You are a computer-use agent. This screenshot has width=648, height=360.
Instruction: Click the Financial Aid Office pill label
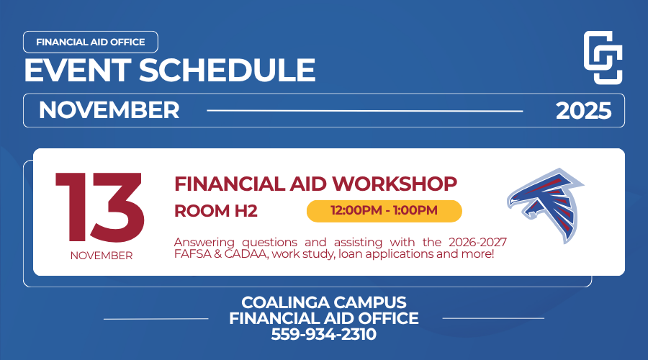tap(90, 42)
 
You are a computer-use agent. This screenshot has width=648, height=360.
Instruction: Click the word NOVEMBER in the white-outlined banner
tap(109, 110)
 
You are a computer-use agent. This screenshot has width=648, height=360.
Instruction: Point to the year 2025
tap(583, 111)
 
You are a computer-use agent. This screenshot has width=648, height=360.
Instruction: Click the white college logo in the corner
tap(602, 58)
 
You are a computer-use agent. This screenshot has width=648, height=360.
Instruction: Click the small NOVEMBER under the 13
tap(102, 256)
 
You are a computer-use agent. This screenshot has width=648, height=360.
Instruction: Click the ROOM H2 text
tap(216, 211)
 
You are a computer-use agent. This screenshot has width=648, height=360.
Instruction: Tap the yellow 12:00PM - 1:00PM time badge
tap(384, 211)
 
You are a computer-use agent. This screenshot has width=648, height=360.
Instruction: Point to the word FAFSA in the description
tap(193, 255)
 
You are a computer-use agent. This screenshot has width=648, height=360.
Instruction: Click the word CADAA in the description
tap(245, 255)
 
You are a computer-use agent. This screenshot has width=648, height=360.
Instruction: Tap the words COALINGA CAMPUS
tap(324, 302)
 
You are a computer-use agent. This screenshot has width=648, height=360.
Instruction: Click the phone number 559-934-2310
tap(324, 334)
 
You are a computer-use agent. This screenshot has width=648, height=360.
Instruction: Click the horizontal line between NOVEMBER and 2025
tap(365, 111)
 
